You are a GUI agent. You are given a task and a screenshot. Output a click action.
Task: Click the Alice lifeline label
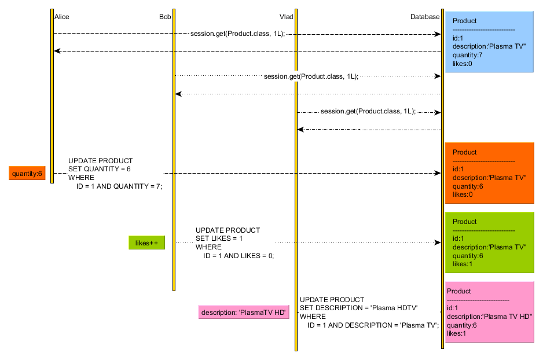tap(61, 17)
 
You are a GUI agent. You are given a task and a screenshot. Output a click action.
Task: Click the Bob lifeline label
tap(165, 17)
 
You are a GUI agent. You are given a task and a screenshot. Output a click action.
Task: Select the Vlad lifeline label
tap(286, 17)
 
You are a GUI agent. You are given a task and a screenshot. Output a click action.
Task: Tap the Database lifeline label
tap(425, 17)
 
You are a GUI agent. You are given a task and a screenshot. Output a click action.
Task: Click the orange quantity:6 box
tap(27, 173)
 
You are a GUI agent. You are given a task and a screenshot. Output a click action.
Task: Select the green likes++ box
tap(146, 243)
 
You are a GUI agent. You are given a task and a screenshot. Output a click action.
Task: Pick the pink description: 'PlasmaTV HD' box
tap(243, 313)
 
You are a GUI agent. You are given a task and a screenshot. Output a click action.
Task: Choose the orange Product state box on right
tap(489, 173)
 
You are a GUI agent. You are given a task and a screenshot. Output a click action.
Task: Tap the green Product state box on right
tap(489, 243)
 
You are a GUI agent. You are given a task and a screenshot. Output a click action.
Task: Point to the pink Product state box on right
tap(489, 312)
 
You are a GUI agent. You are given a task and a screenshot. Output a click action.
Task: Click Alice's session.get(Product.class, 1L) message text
tap(237, 34)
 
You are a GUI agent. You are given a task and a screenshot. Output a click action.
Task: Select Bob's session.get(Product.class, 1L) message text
tap(311, 76)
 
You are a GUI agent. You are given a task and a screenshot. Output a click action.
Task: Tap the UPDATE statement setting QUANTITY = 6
tap(115, 173)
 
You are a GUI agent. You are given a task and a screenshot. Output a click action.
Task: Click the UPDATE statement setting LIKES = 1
tap(234, 243)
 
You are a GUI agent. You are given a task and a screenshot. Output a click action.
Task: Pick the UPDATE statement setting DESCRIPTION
tap(369, 313)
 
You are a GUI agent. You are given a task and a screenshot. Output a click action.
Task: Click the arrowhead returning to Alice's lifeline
tap(57, 52)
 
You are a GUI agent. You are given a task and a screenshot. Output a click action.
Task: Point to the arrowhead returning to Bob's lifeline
tap(178, 94)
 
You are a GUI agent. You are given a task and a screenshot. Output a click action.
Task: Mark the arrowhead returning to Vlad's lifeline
tap(300, 130)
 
